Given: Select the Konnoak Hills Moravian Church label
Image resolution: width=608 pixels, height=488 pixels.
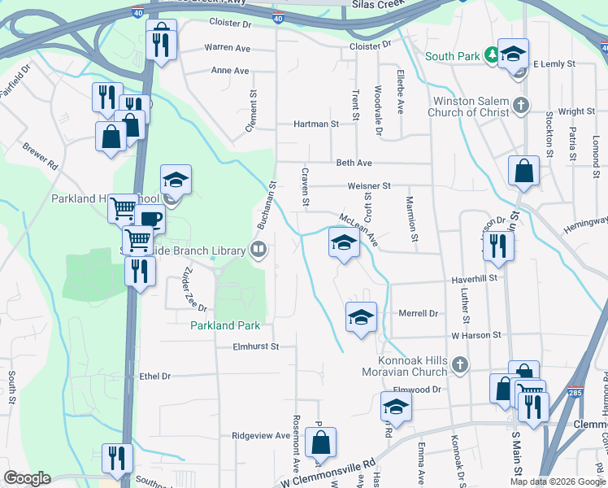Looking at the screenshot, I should point(415,366).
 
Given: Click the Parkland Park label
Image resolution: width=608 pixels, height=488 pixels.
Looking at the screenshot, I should point(225,325).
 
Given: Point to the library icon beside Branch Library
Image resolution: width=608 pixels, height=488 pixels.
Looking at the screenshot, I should point(259,249).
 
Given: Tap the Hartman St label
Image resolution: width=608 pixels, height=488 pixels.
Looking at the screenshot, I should point(315,124).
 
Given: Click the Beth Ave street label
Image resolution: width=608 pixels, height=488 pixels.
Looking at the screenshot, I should point(354,163).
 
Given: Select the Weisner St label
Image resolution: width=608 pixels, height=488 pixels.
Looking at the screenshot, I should point(369,186).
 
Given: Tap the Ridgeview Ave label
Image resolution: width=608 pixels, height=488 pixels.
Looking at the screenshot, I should point(261,436).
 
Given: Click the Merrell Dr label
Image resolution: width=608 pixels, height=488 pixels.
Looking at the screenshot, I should point(419,313).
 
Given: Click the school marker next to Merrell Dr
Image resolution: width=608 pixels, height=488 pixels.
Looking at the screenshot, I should point(361,317).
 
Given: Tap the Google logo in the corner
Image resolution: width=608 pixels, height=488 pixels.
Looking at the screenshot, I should point(27,478).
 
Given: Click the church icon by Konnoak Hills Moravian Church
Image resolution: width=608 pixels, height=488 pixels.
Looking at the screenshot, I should point(461,366).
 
